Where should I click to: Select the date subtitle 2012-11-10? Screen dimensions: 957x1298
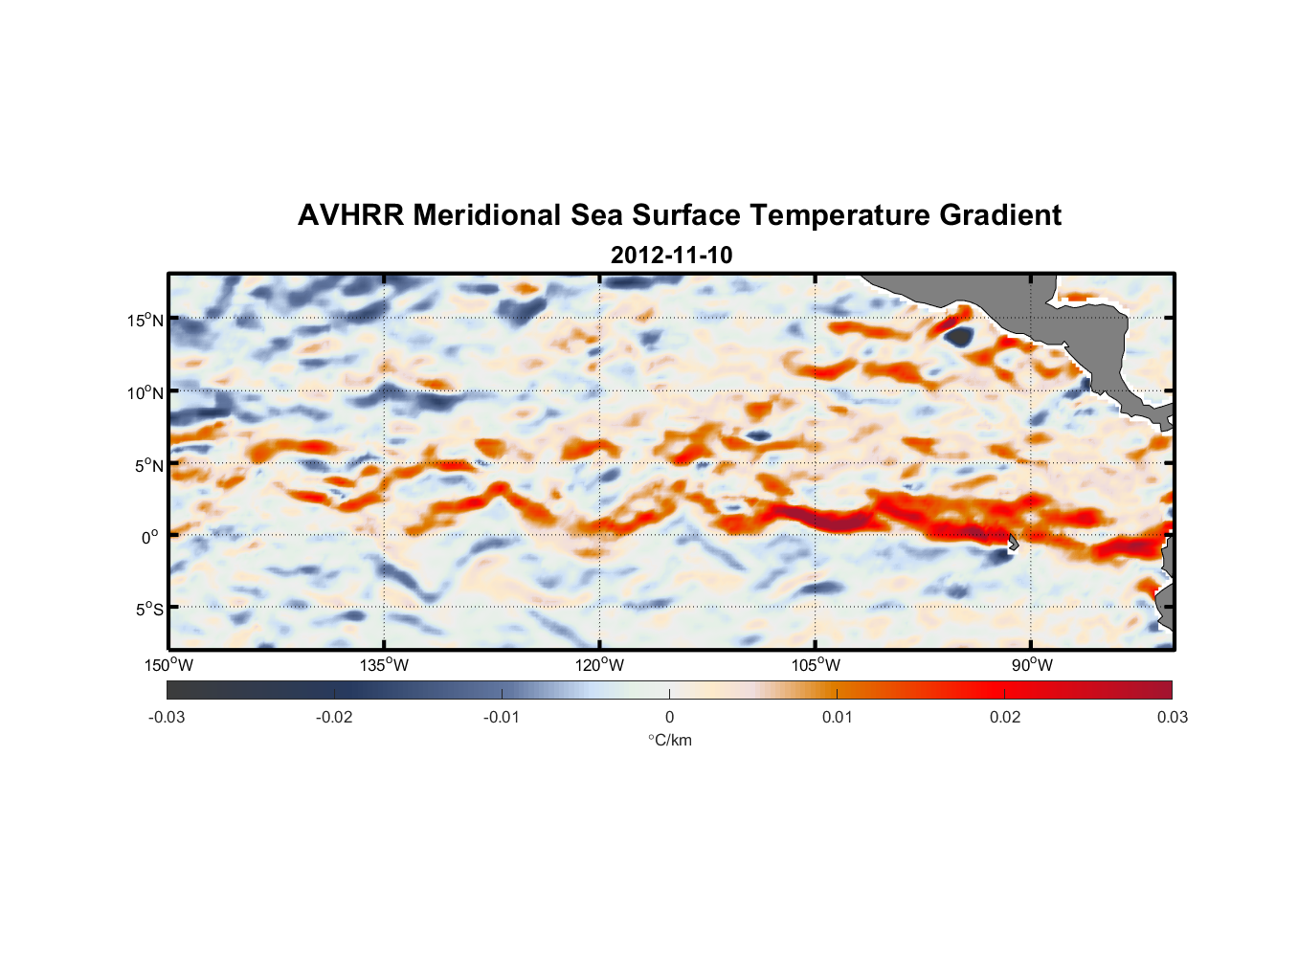coord(671,256)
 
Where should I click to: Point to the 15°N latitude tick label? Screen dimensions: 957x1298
coord(145,321)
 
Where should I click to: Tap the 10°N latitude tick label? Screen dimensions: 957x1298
coord(145,393)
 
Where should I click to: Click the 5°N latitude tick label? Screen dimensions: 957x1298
coord(147,466)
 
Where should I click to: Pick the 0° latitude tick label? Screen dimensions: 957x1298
coord(150,538)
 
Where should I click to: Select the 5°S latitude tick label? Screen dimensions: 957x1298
coord(147,610)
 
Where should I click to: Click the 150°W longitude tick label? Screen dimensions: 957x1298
coord(168,666)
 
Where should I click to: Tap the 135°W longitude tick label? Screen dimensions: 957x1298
coord(384,666)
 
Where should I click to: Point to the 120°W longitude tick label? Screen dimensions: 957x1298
coord(599,666)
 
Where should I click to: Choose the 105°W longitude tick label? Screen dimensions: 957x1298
coord(816,666)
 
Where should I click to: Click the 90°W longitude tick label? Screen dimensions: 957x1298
coord(1031,666)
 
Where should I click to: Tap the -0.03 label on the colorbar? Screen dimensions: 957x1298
coord(167,718)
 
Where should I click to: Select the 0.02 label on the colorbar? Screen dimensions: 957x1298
coord(1004,718)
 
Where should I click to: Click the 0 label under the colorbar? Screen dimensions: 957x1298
coord(669,718)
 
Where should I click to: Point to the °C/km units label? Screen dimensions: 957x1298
coord(669,740)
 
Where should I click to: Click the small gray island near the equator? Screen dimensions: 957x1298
coord(1012,543)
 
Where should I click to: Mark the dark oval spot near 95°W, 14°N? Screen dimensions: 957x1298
coord(958,336)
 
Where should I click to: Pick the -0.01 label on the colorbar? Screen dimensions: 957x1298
coord(502,718)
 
